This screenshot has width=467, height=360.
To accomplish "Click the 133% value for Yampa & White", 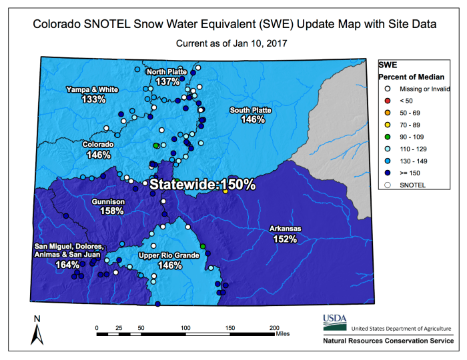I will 93,99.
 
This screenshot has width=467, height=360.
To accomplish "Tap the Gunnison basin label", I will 112,201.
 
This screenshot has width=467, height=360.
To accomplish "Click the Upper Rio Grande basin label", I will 169,255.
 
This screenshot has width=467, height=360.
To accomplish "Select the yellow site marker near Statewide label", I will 225,191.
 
